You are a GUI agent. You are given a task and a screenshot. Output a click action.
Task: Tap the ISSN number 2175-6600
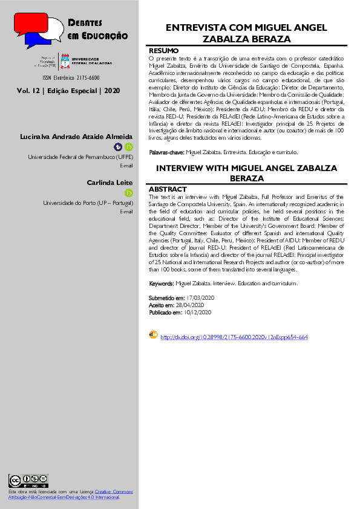(82, 78)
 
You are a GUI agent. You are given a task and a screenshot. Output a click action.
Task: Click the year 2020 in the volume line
(113, 91)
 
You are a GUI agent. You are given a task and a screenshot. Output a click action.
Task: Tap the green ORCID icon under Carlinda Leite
(128, 193)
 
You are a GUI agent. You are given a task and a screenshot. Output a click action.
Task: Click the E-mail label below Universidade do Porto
(126, 212)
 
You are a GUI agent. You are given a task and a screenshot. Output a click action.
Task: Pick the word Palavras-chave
(167, 152)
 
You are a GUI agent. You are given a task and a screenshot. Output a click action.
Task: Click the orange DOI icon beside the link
(153, 335)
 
